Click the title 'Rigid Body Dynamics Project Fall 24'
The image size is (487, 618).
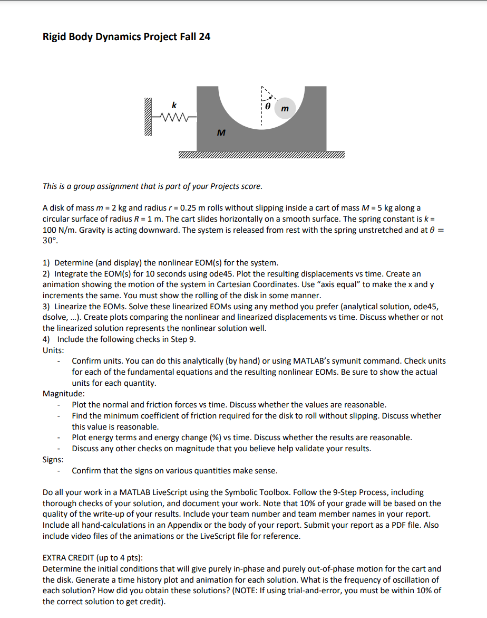[126, 36]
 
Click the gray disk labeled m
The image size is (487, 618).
[285, 108]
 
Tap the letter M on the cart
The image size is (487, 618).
[221, 133]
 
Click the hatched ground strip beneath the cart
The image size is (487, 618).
[262, 155]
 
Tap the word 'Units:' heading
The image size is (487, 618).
[53, 350]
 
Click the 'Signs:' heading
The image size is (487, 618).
[53, 459]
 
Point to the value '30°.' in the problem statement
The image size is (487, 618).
[50, 241]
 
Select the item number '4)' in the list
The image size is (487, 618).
[47, 339]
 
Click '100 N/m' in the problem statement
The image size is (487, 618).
[56, 230]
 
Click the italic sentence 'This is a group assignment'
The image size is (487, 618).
[151, 186]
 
